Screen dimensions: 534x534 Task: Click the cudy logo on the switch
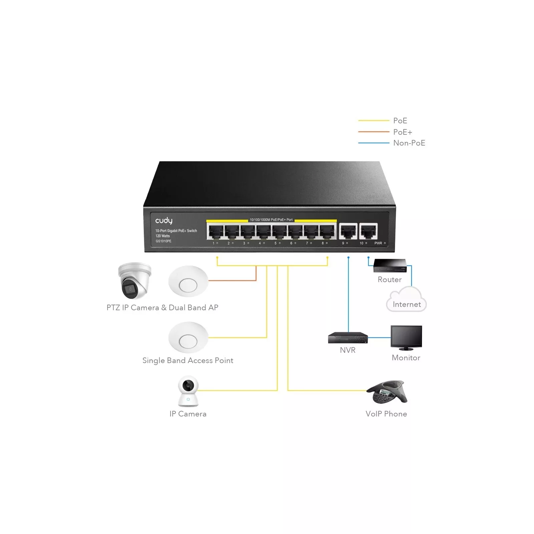164,221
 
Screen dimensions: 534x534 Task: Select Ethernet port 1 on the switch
215,231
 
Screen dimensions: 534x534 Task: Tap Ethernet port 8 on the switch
327,231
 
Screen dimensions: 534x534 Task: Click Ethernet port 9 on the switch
348,231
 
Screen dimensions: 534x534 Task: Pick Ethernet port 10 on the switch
368,231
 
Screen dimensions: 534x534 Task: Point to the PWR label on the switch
378,243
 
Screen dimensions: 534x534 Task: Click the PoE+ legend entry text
403,132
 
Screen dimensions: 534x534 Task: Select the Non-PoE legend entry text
409,143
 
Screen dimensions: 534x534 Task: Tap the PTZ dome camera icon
134,280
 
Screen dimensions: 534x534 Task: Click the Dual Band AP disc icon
188,281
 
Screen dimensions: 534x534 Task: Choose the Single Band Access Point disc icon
188,337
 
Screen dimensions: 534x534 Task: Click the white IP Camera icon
188,391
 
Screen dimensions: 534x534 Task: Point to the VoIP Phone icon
387,392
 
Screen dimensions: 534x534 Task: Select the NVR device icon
348,338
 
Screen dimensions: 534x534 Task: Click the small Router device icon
390,266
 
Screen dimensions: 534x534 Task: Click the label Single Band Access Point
188,360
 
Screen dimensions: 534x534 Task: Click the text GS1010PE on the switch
163,241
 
